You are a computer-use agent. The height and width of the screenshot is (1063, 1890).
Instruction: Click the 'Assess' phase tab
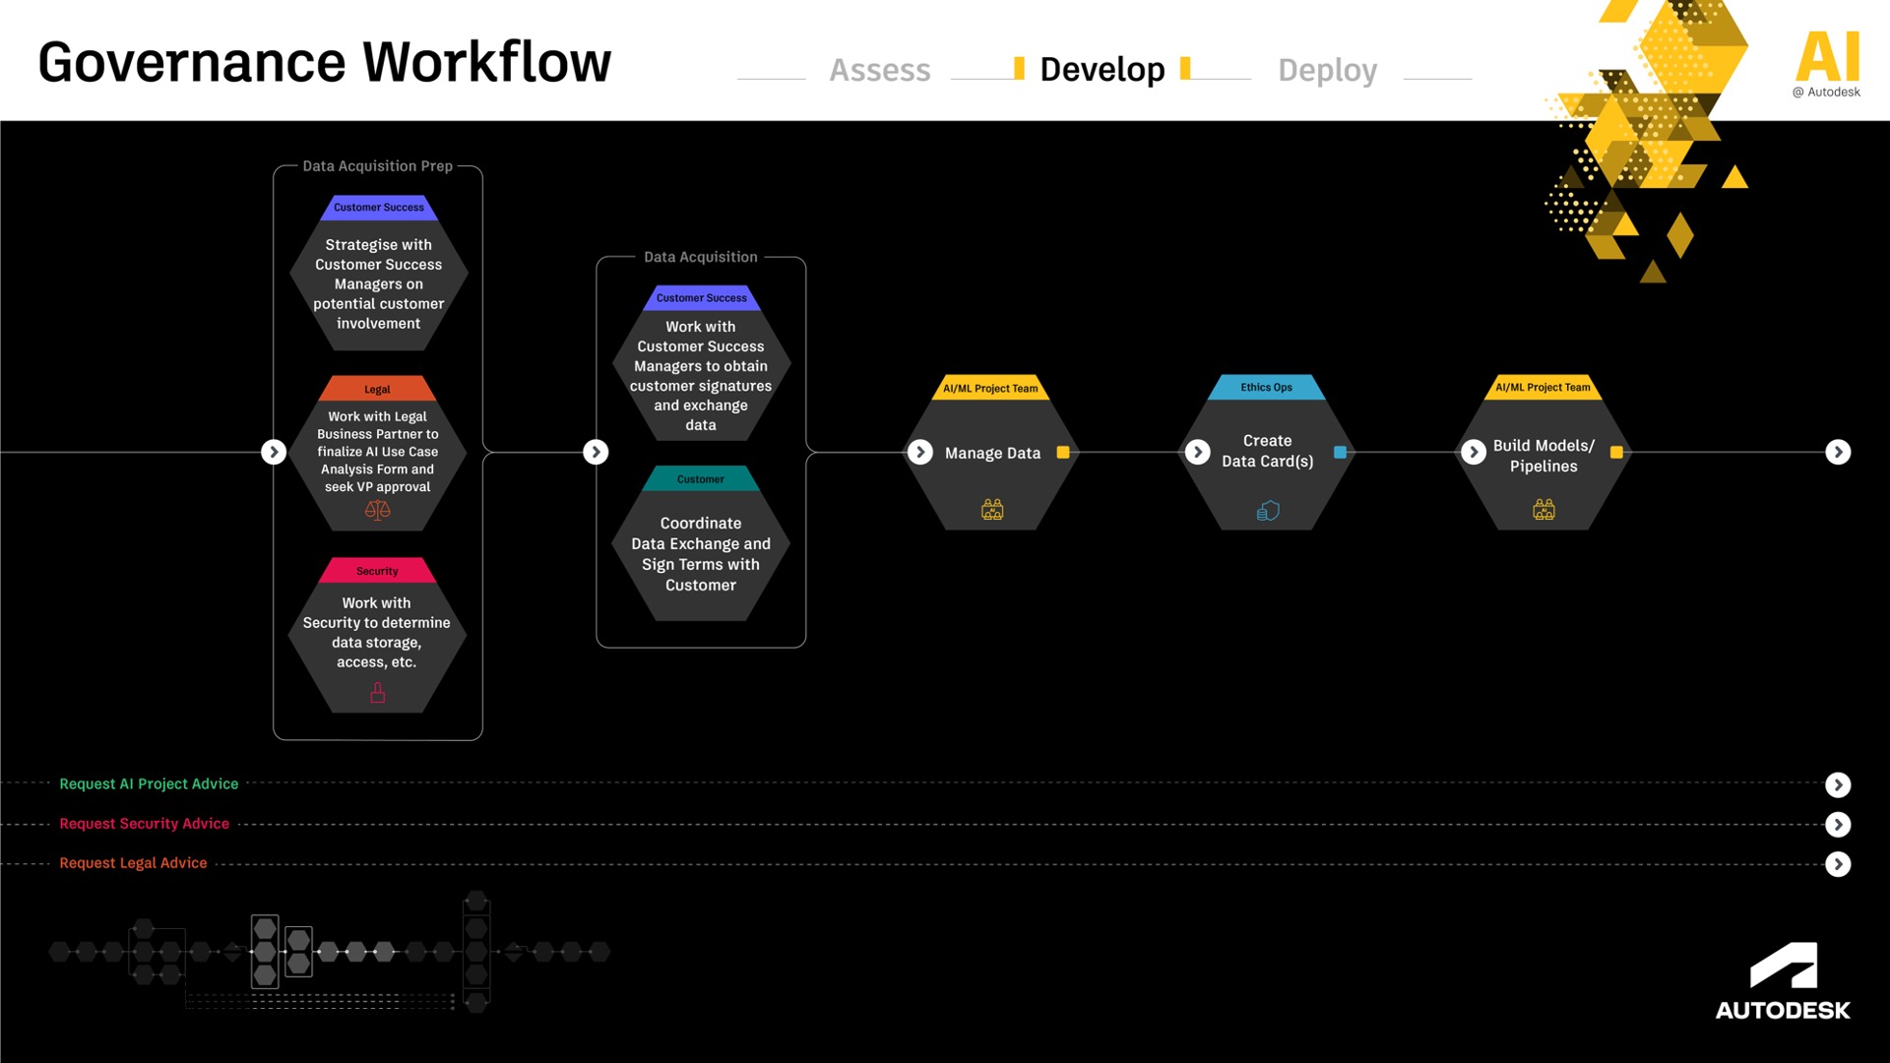tap(879, 70)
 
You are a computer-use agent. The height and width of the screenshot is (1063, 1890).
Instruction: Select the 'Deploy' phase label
tap(1327, 70)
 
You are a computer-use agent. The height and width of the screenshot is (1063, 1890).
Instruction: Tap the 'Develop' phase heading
tap(1102, 69)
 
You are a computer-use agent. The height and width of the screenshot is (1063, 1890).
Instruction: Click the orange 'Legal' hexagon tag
tap(377, 389)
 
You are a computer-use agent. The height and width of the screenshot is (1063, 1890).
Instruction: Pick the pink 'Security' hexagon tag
tap(377, 571)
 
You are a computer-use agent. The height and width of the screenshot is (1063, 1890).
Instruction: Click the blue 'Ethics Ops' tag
tap(1267, 387)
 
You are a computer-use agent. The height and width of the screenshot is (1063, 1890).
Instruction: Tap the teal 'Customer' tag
tap(701, 479)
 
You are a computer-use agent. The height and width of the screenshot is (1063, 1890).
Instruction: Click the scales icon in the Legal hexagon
tap(378, 510)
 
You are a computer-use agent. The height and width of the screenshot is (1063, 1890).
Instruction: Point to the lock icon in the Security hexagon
tap(377, 693)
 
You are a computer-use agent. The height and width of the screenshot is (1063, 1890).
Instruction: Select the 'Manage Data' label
tap(992, 453)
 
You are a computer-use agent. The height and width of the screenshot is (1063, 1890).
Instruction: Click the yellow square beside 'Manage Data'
tap(1063, 453)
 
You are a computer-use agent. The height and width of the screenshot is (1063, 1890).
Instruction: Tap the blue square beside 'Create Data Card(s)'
tap(1340, 452)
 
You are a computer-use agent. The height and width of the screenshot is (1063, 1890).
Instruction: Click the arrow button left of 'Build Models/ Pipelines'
tap(1474, 452)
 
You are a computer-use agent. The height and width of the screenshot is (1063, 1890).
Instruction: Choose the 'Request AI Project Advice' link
tap(149, 783)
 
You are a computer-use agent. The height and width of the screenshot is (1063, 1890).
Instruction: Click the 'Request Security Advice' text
tap(144, 823)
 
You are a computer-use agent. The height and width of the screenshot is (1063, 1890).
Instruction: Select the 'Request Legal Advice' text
tap(133, 862)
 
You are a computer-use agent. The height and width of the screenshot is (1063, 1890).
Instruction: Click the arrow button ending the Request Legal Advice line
tap(1838, 864)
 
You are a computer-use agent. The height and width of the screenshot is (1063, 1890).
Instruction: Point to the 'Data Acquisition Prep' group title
tap(377, 165)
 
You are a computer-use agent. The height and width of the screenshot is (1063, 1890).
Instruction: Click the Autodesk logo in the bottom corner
tap(1783, 981)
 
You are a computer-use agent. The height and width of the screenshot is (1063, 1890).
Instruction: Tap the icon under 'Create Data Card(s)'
tap(1268, 510)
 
